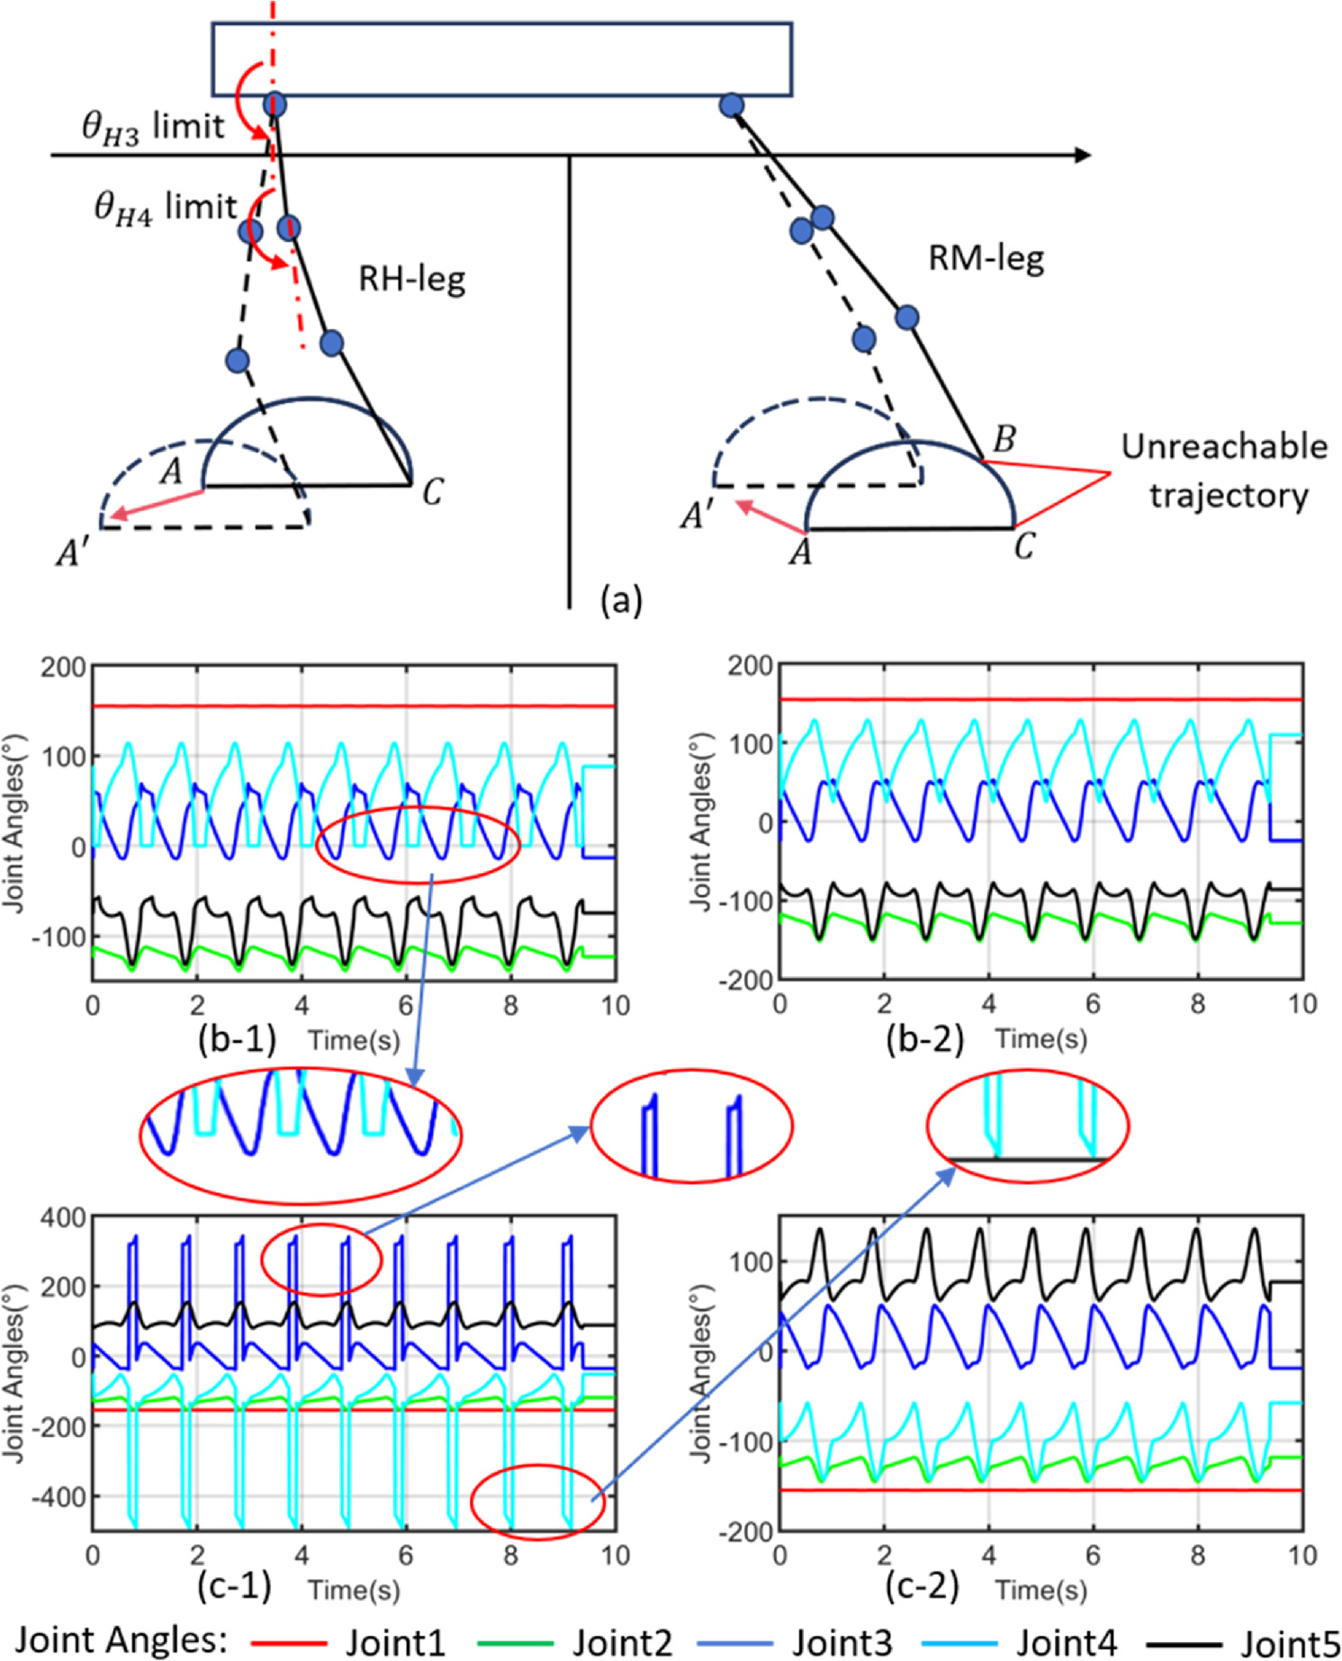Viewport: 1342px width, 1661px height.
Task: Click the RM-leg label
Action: [x=986, y=259]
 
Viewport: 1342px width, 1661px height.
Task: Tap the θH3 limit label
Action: [x=153, y=127]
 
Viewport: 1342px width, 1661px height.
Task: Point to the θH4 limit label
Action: [x=167, y=208]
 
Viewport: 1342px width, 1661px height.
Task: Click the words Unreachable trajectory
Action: [x=1225, y=471]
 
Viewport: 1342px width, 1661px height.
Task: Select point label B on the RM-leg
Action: [x=1004, y=439]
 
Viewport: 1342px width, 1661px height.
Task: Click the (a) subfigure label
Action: [x=621, y=598]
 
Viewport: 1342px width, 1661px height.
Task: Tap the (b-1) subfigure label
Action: [x=237, y=1038]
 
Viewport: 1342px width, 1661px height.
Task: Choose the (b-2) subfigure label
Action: [x=924, y=1038]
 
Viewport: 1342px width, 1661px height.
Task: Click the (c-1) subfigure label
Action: [x=234, y=1586]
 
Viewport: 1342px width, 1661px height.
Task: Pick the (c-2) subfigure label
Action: [x=922, y=1586]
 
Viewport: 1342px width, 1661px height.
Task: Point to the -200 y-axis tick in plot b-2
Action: [x=745, y=980]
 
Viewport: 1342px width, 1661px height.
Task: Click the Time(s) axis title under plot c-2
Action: [x=1040, y=1590]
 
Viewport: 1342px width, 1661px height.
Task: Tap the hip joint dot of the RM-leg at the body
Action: [x=732, y=105]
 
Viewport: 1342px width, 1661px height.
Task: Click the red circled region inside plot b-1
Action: [x=419, y=844]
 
